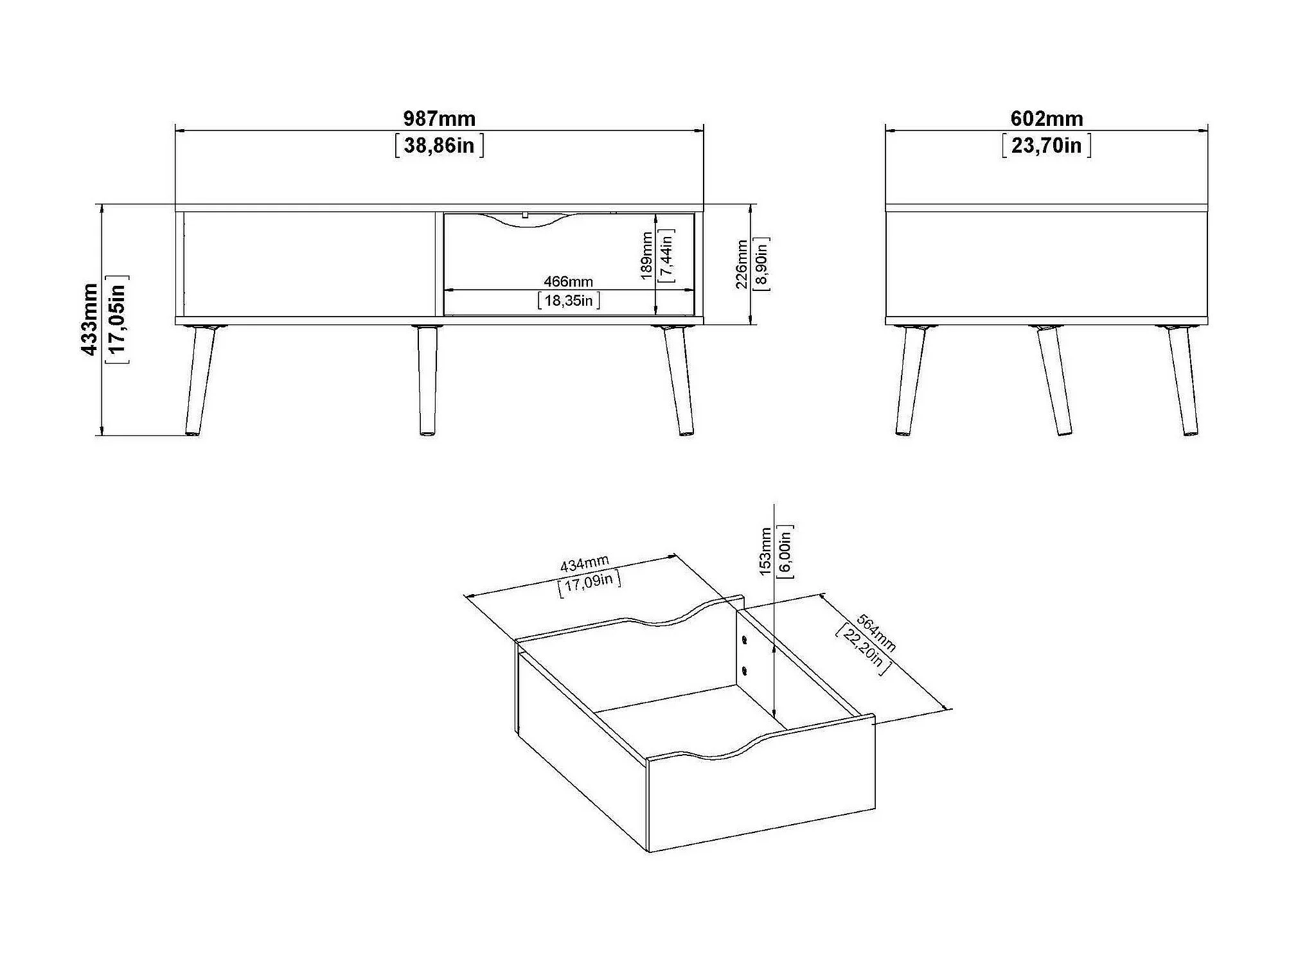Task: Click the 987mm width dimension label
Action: (439, 119)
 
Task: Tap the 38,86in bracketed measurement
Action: (439, 146)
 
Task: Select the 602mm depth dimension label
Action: (1046, 119)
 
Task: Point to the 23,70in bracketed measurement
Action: (1046, 146)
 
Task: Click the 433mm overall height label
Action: (90, 319)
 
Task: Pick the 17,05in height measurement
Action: (118, 319)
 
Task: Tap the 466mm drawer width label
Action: (568, 281)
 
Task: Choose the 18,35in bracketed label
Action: (569, 301)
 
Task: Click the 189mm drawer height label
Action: (647, 256)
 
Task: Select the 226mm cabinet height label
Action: (742, 265)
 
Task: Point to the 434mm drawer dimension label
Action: (584, 565)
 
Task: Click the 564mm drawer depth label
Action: (876, 633)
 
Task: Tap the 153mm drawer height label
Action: (765, 551)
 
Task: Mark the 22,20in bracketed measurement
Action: (863, 649)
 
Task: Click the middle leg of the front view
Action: (427, 382)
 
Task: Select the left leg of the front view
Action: (200, 382)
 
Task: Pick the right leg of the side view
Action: (1183, 382)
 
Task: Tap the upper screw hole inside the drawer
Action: (744, 640)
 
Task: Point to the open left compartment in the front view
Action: (309, 265)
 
